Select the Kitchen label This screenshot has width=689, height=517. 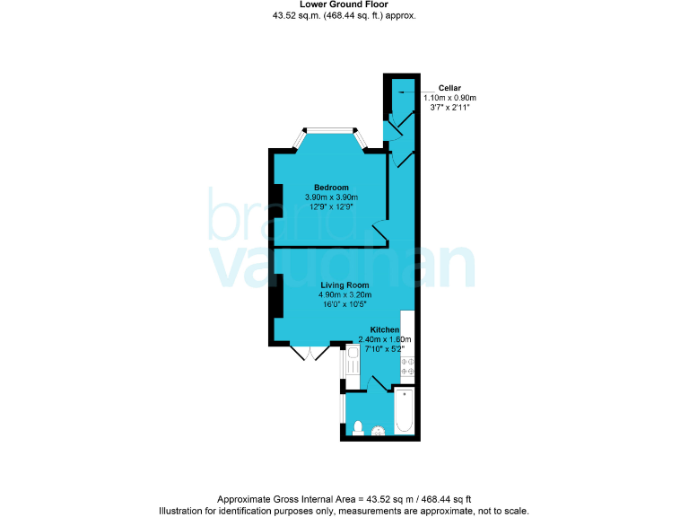(385, 329)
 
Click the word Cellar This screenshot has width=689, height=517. (449, 87)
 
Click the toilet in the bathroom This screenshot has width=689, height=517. (357, 427)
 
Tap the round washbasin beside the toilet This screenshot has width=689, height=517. (379, 431)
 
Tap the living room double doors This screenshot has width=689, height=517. (309, 353)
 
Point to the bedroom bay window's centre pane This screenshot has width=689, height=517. (332, 129)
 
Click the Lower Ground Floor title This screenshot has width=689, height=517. (344, 5)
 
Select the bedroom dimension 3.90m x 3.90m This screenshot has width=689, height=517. (331, 197)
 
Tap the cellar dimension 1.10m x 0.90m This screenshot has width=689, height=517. (449, 97)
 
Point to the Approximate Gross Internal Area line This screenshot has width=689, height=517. (344, 498)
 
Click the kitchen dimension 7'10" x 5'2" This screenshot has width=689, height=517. (385, 349)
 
